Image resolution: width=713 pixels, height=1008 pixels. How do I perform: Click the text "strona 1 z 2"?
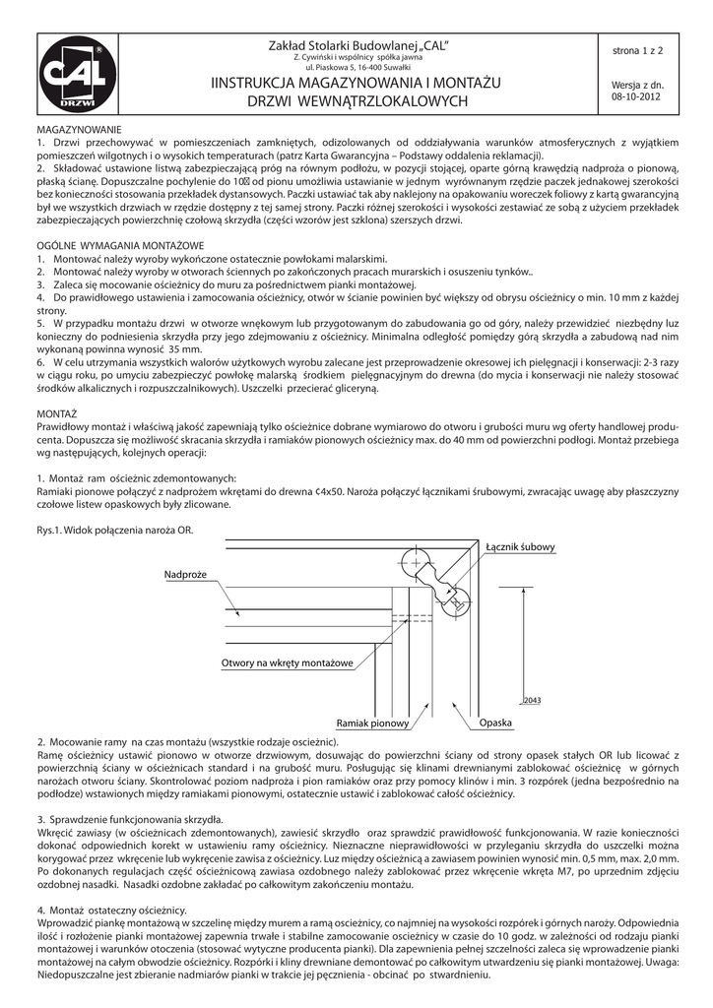tap(637, 48)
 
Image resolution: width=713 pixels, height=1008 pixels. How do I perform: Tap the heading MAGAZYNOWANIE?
tap(78, 130)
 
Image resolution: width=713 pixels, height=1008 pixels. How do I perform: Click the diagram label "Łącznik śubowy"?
tap(520, 546)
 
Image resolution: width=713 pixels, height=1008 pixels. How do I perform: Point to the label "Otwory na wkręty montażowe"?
tap(287, 663)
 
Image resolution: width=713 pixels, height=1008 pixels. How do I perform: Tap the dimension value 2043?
tap(533, 701)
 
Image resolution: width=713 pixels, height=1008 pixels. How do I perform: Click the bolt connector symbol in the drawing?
tap(437, 581)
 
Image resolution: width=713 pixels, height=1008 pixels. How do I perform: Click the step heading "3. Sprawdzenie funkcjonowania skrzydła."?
tap(129, 819)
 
